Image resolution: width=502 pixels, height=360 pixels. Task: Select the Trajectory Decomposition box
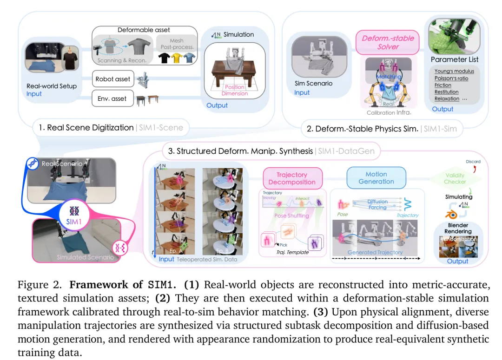point(292,178)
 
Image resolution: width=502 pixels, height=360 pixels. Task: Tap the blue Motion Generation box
point(376,178)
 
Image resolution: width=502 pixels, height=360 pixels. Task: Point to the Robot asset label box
point(113,79)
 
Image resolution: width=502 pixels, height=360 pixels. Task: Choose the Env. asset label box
point(112,98)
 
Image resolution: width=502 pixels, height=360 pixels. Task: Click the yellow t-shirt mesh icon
point(176,58)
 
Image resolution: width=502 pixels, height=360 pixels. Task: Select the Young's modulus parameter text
point(454,71)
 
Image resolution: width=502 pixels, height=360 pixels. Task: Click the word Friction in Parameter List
point(443,85)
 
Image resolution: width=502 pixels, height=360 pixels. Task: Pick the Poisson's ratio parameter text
point(451,78)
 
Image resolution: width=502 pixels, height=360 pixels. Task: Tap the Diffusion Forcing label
point(377,204)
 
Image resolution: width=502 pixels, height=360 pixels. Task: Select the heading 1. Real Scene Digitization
point(90,127)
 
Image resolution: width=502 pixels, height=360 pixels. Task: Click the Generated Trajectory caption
point(375,252)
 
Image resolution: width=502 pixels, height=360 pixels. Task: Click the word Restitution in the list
point(446,92)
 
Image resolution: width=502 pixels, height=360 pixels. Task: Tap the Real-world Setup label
point(52,86)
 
